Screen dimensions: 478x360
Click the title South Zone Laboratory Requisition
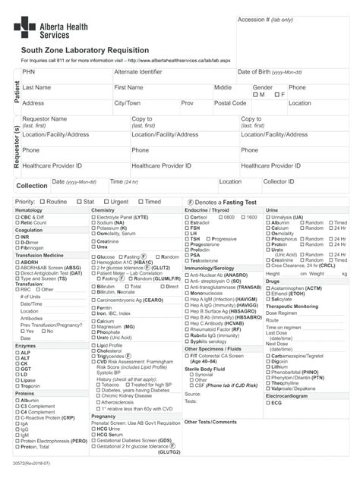[74, 50]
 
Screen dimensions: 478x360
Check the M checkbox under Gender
[255, 96]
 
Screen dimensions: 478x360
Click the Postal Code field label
[230, 103]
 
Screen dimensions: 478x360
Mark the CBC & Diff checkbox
[17, 217]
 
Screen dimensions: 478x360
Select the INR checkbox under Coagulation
[17, 237]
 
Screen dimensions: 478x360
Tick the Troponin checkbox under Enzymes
[17, 385]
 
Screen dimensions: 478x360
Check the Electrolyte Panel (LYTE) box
[93, 217]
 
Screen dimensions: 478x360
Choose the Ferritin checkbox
[93, 307]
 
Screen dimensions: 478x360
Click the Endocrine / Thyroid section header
[207, 210]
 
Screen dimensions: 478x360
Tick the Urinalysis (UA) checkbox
[267, 217]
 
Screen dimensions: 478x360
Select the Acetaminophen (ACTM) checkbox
[267, 288]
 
